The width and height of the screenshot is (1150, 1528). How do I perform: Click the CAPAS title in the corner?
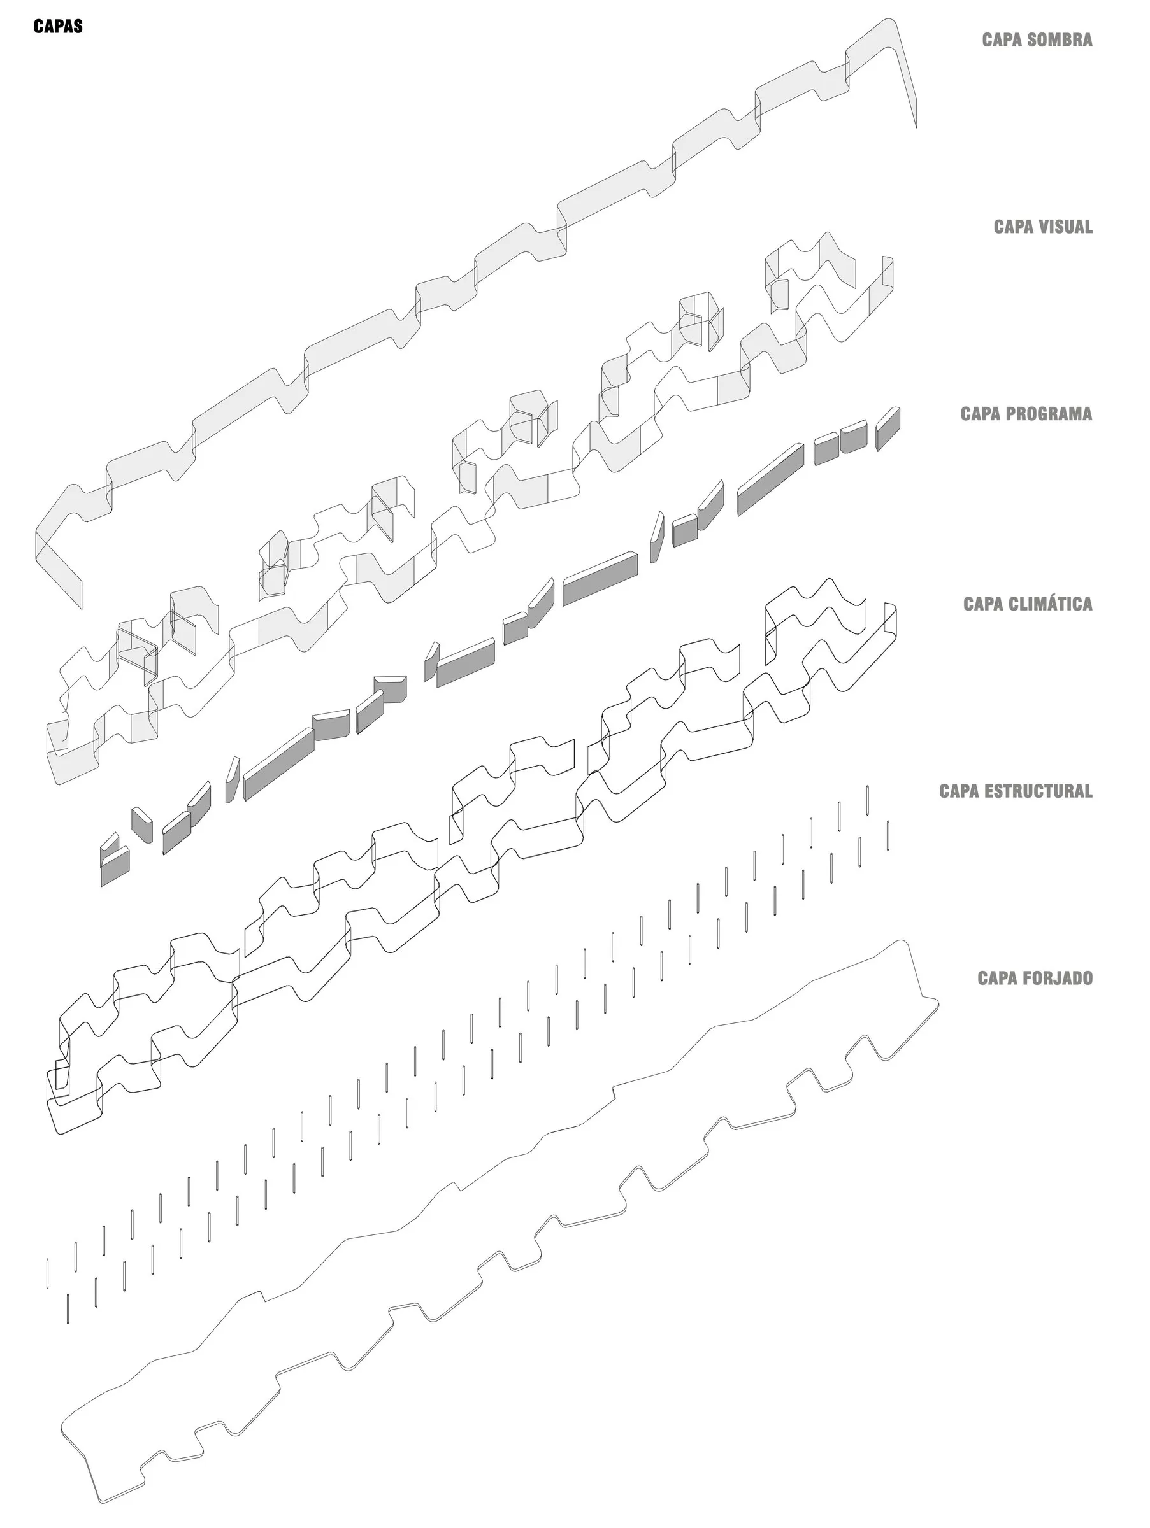pyautogui.click(x=58, y=26)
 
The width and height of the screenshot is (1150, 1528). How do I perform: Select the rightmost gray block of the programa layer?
pyautogui.click(x=888, y=429)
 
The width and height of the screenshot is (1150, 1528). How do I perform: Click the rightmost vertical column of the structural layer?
pyautogui.click(x=888, y=836)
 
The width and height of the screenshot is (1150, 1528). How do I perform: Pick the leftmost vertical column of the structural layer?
pyautogui.click(x=48, y=1273)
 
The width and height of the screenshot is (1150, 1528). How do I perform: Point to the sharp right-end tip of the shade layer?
pyautogui.click(x=916, y=127)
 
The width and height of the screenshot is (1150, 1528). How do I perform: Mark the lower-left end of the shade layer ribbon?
pyautogui.click(x=82, y=608)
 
